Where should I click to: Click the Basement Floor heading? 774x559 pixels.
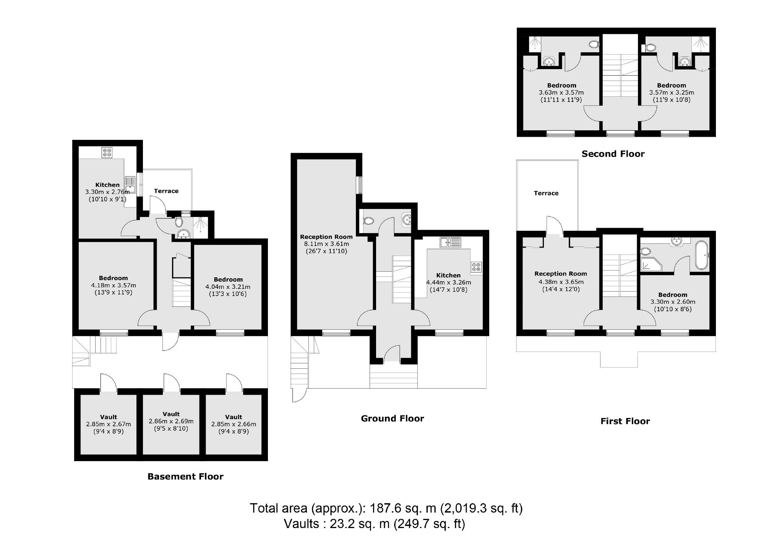point(185,476)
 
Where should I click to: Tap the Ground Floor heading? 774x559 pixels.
point(392,418)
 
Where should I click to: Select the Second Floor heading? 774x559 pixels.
point(613,154)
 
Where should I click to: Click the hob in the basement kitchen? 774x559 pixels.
point(107,153)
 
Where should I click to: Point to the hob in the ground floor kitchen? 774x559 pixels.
point(476,267)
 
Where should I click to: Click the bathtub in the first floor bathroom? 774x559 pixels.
point(702,255)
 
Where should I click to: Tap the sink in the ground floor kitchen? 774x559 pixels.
point(451,242)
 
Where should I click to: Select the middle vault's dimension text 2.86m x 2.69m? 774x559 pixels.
point(171,421)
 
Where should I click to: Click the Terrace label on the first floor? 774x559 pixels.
point(546,193)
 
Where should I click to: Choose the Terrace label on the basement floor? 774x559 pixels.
point(166,191)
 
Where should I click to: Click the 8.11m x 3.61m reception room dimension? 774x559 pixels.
point(326,244)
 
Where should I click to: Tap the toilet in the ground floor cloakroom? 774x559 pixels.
point(368,221)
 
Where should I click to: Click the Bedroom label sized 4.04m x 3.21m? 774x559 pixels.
point(228,280)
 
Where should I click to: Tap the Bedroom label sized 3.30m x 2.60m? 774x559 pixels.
point(672,295)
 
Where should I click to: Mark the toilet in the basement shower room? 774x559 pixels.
point(178,222)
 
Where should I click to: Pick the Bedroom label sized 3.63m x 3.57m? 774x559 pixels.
point(561,86)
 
